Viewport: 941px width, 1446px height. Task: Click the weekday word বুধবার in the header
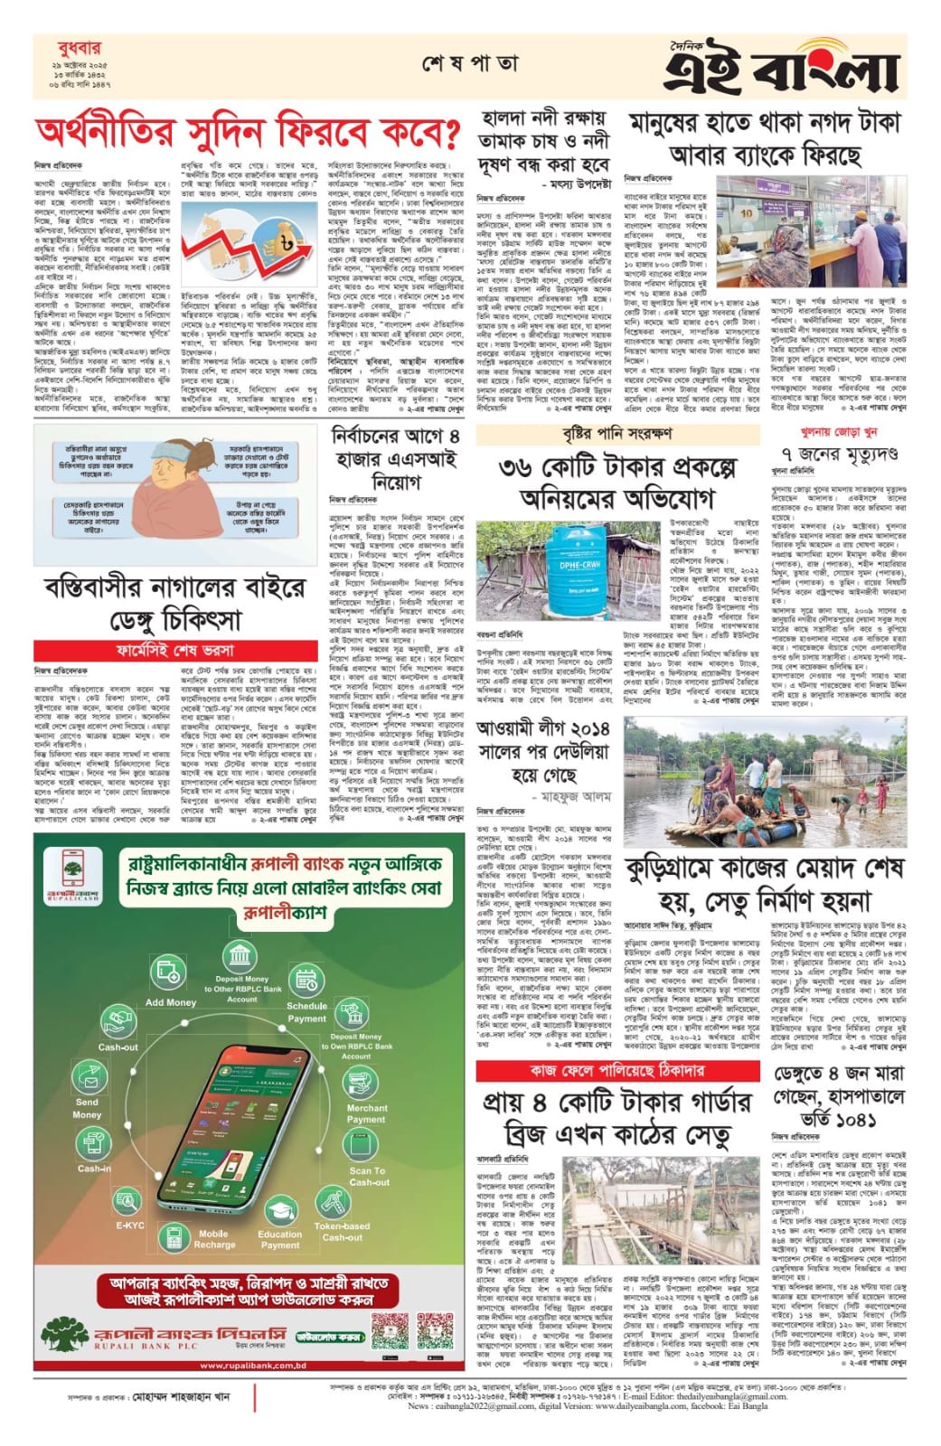tap(66, 47)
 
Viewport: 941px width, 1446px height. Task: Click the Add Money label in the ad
tap(171, 1002)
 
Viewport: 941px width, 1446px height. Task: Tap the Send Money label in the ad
tap(87, 1108)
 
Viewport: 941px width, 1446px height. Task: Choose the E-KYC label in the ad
tap(130, 1225)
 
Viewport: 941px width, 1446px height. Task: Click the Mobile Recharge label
tap(214, 1239)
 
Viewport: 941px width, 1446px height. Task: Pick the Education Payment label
tap(280, 1239)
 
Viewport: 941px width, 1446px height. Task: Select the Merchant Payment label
tap(366, 1113)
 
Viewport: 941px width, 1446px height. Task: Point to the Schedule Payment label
tap(307, 1011)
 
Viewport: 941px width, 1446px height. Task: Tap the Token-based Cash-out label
tap(342, 1232)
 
